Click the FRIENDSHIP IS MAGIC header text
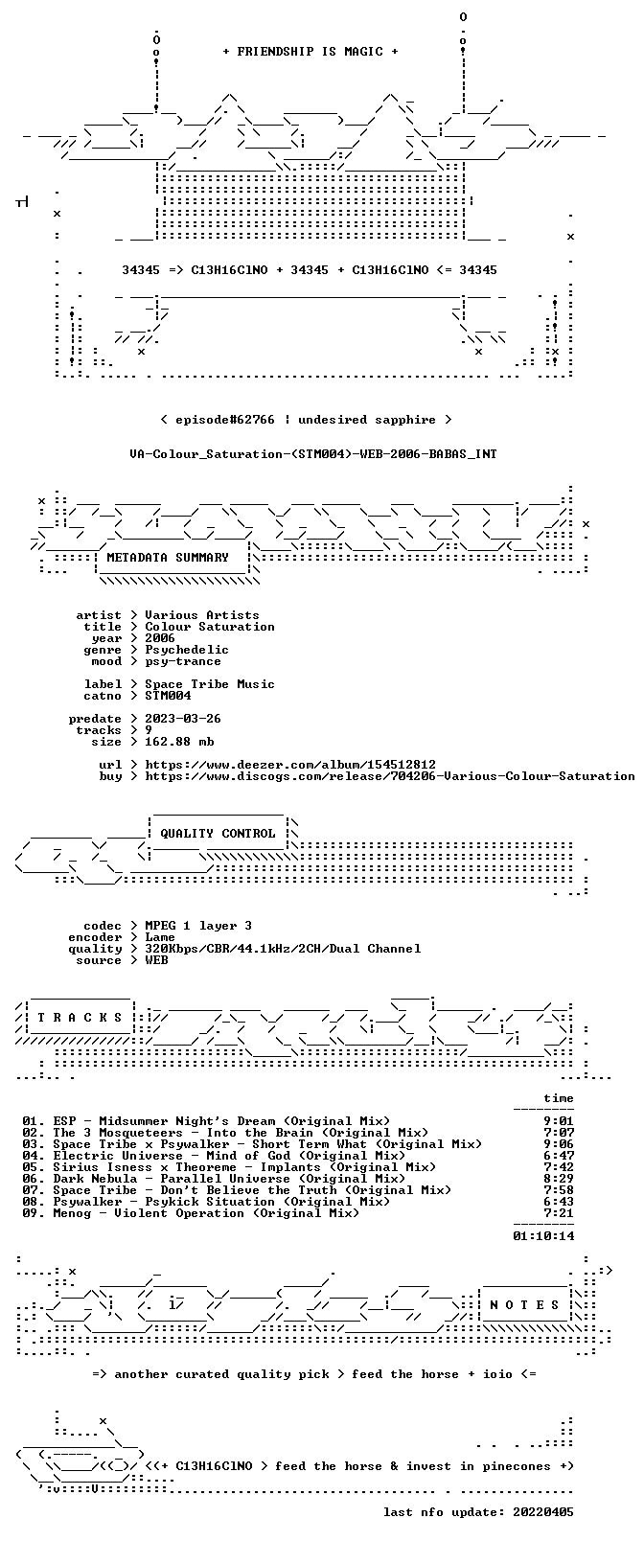310,52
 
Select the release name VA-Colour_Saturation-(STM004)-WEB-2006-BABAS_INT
313,454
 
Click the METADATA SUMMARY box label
168,557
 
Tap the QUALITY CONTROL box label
218,833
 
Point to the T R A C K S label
80,1018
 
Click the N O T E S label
524,1305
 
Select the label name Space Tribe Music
210,684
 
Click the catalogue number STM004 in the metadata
168,696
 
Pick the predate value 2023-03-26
183,719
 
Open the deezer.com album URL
290,765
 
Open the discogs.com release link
390,776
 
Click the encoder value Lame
160,937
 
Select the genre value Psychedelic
187,650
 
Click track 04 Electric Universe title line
214,1156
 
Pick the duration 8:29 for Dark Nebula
559,1179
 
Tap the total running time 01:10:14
543,1236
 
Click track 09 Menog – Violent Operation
191,1213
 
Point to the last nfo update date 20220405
543,1512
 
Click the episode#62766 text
225,420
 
